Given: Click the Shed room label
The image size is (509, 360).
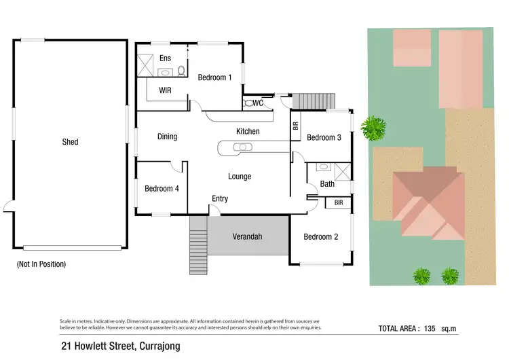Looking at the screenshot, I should (x=70, y=142).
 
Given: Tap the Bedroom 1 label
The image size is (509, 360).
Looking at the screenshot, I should (x=214, y=77).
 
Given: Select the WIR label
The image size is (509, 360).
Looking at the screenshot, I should (x=165, y=90).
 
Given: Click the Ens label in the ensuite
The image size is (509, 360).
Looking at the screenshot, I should (x=165, y=58).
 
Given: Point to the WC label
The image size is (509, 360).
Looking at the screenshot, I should (x=258, y=103).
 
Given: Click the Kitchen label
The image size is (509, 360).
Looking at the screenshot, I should (x=248, y=131).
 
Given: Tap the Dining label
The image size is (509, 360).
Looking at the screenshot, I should (x=167, y=137).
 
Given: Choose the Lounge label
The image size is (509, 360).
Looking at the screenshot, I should (x=240, y=177).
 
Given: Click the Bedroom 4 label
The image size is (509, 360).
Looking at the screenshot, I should (x=162, y=189).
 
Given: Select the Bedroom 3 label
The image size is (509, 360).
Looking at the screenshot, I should (x=323, y=138).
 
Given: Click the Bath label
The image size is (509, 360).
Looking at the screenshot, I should (x=327, y=184).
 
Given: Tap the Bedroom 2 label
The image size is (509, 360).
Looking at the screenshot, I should (x=320, y=237).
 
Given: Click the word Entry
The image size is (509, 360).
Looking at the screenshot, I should (x=220, y=199).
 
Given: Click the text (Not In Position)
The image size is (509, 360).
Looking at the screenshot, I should (x=41, y=264).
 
